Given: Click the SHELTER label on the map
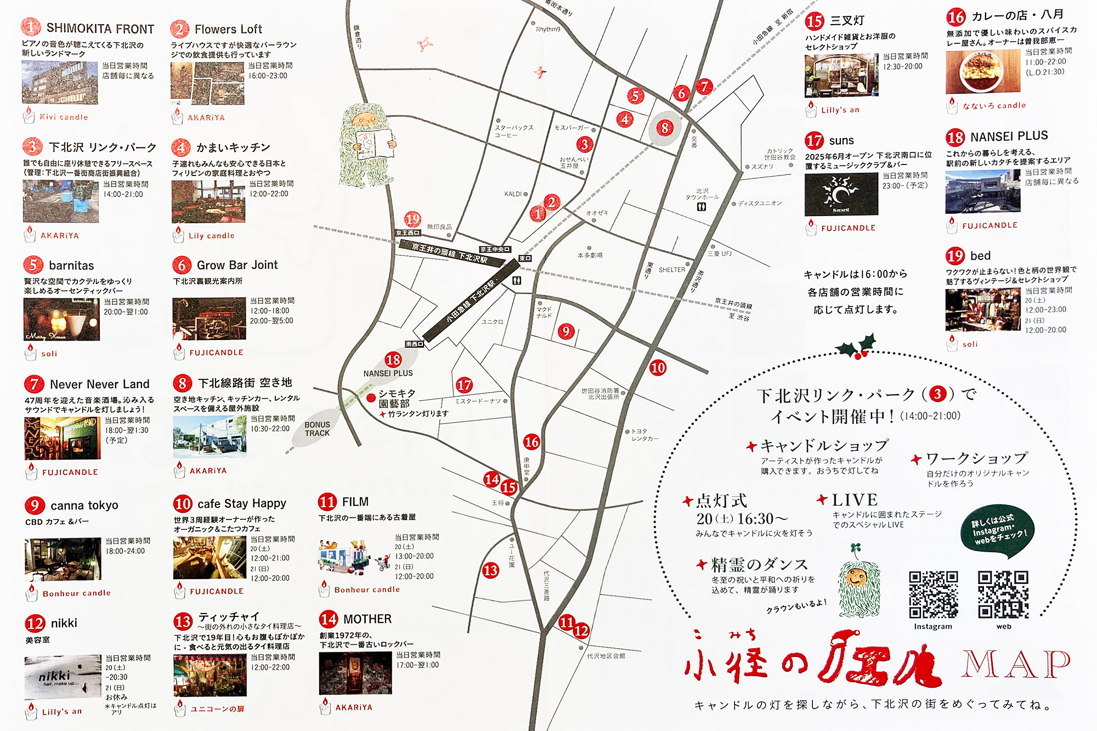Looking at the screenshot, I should [671, 270].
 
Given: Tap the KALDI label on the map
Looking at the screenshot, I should [513, 194].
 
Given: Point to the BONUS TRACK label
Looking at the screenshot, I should [318, 429].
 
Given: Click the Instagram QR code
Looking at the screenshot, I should [933, 594].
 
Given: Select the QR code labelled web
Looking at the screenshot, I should [1003, 594].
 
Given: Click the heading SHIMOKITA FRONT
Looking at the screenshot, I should [100, 29].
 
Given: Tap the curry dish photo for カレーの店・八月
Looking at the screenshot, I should [982, 72].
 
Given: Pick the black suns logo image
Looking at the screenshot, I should [841, 194].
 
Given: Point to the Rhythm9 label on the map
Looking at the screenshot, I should [548, 29].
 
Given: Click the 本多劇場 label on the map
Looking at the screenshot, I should [590, 255].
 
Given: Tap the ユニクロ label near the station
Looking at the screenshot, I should [492, 322].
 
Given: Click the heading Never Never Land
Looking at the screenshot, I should [99, 384].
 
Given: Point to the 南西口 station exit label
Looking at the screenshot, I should [414, 344].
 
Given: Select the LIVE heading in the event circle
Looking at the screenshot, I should [854, 500].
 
